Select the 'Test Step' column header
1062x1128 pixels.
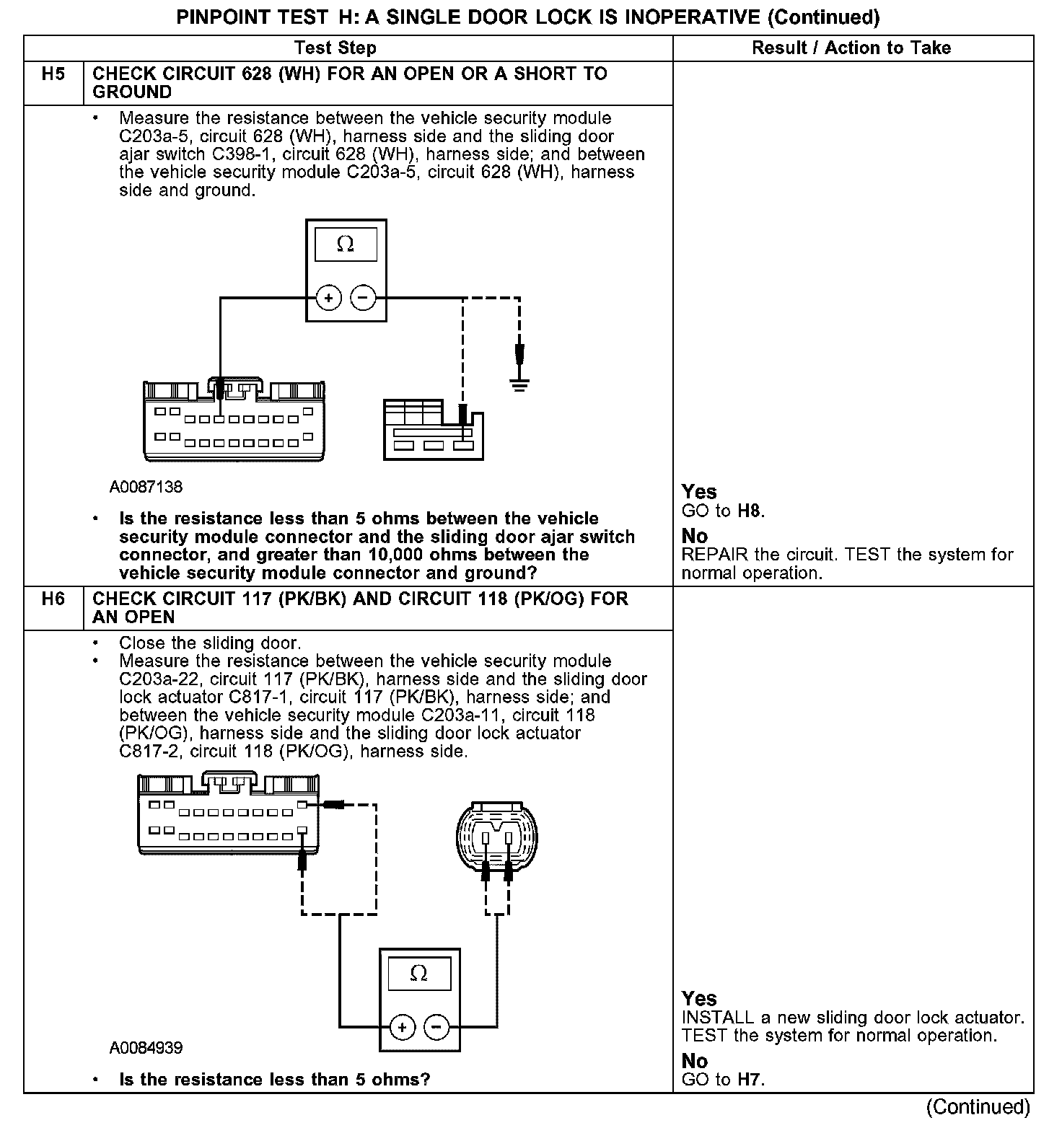pos(335,48)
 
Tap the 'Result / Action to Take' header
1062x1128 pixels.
pos(851,48)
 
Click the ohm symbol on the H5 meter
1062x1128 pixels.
pos(346,245)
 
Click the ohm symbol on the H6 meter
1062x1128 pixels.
pos(418,974)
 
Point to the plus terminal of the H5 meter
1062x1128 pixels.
pos(328,297)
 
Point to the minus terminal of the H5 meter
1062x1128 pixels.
pos(363,297)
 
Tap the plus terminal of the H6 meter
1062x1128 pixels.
pos(402,1027)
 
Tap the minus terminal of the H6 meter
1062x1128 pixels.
pos(436,1027)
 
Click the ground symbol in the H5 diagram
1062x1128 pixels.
pos(519,383)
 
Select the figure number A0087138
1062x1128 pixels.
pos(146,488)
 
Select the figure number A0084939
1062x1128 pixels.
pos(146,1048)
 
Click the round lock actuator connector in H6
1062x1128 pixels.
pos(497,837)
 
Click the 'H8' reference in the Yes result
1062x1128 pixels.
pos(750,512)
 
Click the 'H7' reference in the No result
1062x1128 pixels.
pos(750,1080)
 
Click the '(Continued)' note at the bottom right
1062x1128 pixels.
pos(978,1106)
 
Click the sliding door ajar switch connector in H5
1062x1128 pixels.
pos(434,431)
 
